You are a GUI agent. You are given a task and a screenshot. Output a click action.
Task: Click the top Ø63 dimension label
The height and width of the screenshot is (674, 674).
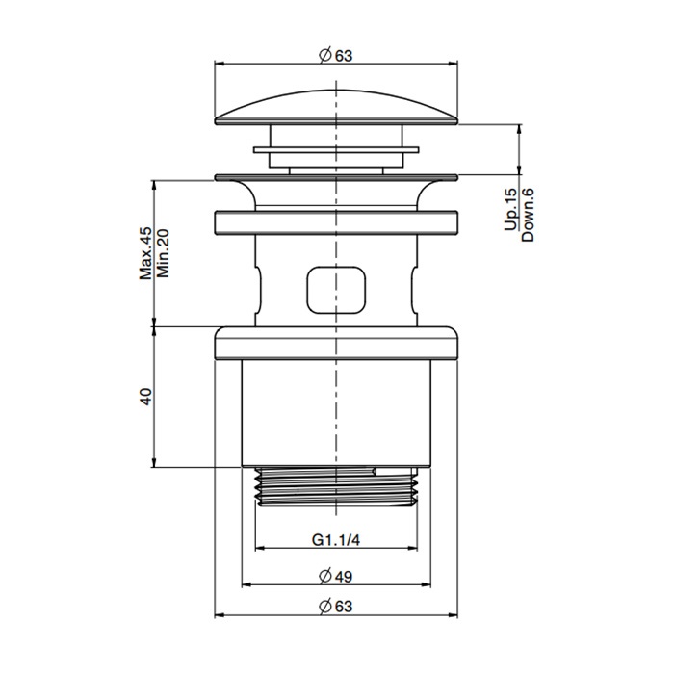[x=335, y=56]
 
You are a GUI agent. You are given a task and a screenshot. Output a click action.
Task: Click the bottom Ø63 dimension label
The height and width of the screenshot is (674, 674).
[x=335, y=606]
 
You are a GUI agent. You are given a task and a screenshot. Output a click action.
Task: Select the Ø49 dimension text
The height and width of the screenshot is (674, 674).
[x=335, y=576]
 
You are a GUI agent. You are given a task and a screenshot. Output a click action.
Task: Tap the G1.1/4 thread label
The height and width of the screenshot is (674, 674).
[x=336, y=540]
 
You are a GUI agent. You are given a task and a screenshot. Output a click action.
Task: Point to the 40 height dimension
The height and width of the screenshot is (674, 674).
[x=146, y=397]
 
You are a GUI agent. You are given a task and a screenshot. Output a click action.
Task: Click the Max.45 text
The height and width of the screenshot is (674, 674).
[x=146, y=253]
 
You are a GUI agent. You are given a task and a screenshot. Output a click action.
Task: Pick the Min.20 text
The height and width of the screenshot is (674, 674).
[x=163, y=253]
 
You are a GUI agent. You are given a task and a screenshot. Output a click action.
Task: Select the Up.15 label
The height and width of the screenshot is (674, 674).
[x=510, y=209]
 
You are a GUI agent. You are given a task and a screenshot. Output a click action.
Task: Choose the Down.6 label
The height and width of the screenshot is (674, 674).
[x=528, y=215]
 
